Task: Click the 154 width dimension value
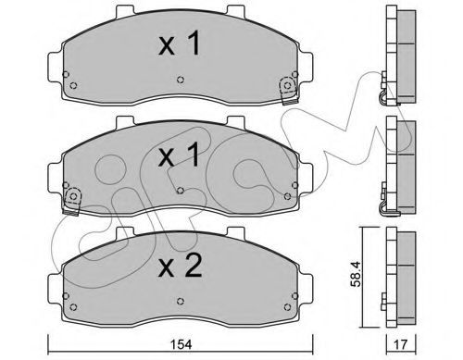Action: tap(181, 344)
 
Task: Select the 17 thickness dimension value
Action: tap(401, 344)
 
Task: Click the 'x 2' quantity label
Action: tap(180, 267)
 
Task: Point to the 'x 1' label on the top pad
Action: tap(180, 43)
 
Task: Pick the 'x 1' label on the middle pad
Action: tap(179, 155)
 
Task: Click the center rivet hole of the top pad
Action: tap(181, 80)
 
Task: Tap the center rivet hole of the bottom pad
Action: tap(181, 301)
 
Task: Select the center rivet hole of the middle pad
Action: tap(181, 191)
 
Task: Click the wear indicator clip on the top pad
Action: tap(289, 90)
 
